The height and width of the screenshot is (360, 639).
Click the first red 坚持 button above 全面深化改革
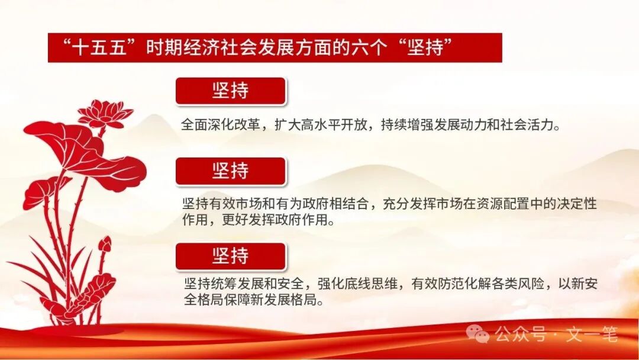coord(230,91)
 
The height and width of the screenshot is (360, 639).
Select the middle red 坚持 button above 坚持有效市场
coord(230,171)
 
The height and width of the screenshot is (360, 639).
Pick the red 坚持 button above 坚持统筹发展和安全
coord(230,256)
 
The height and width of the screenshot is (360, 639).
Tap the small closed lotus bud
coord(105,243)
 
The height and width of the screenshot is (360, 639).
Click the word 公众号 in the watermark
coord(520,335)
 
